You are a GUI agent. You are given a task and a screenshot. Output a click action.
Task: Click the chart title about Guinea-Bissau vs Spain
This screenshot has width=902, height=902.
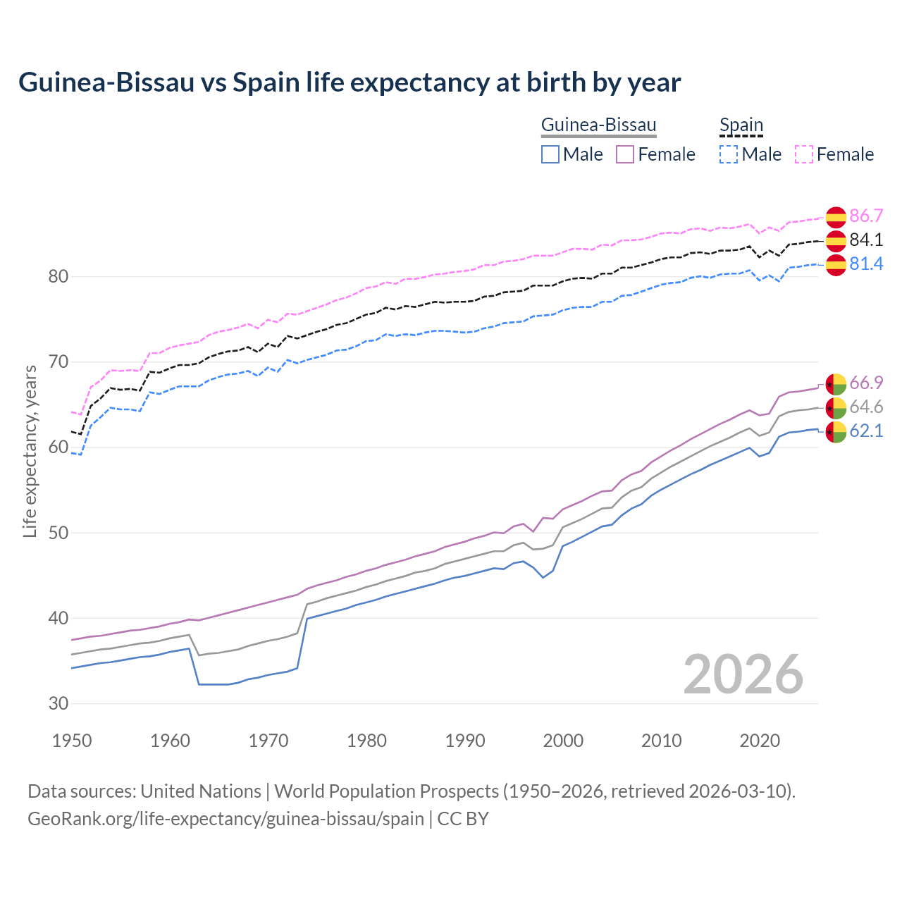click(x=350, y=82)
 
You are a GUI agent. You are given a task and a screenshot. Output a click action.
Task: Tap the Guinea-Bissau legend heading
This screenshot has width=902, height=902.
click(x=598, y=125)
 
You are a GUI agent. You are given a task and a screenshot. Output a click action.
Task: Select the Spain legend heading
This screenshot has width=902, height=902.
click(x=741, y=125)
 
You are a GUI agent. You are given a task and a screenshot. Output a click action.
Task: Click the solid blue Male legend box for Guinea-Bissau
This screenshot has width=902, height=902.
click(x=550, y=154)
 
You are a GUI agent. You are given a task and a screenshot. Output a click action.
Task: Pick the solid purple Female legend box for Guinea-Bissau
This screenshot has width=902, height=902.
click(x=625, y=154)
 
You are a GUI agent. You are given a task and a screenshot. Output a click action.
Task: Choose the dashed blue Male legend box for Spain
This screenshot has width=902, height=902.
click(x=729, y=154)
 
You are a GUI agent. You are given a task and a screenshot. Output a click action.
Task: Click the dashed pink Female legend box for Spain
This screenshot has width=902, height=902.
click(x=804, y=154)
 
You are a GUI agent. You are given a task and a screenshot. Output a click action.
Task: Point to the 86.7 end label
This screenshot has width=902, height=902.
click(x=866, y=216)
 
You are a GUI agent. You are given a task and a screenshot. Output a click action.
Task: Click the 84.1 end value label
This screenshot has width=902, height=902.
click(x=866, y=240)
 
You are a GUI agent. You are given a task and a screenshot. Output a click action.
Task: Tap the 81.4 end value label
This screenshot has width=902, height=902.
click(x=866, y=264)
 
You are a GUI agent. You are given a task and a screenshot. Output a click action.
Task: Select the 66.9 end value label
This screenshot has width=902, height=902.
click(x=866, y=383)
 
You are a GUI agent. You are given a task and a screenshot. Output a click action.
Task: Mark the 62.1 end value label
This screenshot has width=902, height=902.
click(x=866, y=431)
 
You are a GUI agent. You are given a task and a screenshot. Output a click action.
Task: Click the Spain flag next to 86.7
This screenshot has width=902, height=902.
click(x=836, y=217)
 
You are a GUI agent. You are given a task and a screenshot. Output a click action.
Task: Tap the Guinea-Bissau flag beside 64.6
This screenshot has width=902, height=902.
click(x=836, y=407)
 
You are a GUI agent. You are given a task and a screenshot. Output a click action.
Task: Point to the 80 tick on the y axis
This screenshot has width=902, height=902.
click(x=58, y=276)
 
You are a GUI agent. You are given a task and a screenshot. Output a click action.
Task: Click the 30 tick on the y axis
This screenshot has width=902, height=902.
click(x=58, y=703)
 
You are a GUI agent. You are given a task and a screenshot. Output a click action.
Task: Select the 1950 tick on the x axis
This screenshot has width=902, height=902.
click(x=72, y=741)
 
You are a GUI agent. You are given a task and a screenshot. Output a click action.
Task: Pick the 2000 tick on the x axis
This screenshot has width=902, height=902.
click(x=563, y=741)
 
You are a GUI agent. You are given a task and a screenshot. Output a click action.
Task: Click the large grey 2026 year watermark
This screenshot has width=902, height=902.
click(x=743, y=674)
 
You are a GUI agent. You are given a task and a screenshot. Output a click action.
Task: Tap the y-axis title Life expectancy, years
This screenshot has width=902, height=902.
click(x=30, y=451)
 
